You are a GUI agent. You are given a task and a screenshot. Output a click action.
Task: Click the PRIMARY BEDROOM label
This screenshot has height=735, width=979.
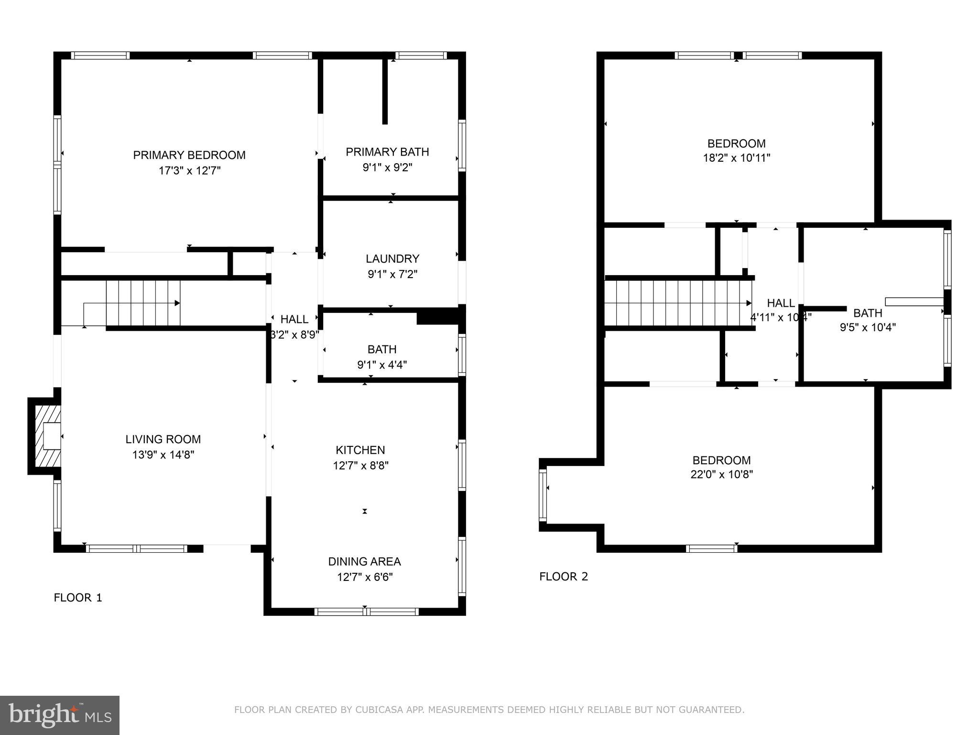click(189, 155)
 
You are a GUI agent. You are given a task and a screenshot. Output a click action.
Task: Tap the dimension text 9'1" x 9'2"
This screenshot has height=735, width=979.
click(387, 167)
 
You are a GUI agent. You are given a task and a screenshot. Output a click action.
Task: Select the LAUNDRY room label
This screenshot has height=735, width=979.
click(392, 259)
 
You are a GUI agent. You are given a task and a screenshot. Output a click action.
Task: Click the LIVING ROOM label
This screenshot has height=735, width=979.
click(163, 439)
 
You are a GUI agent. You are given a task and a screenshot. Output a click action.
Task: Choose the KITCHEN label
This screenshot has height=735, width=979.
click(360, 450)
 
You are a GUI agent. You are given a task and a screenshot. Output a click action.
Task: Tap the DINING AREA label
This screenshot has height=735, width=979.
click(364, 561)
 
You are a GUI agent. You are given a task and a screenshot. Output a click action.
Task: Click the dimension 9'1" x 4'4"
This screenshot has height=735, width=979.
click(382, 365)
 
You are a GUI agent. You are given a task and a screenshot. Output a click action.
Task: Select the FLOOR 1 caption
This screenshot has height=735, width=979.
click(78, 598)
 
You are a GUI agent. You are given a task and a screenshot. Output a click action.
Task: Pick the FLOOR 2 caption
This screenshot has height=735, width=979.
click(564, 577)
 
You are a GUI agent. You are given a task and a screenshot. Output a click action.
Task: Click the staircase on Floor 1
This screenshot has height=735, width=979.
click(143, 303)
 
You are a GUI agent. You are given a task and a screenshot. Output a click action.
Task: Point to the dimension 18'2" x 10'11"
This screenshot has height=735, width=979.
click(736, 158)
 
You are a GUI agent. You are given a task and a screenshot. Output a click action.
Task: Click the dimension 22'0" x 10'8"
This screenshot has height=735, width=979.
click(721, 474)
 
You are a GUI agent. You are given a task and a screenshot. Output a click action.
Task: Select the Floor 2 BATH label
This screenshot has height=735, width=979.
click(868, 313)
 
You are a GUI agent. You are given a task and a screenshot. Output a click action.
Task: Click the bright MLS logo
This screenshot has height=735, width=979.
click(59, 715)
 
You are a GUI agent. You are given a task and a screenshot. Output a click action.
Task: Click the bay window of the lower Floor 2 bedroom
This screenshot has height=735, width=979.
click(543, 495)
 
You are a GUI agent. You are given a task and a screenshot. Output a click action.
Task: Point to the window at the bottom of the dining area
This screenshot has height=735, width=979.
click(366, 612)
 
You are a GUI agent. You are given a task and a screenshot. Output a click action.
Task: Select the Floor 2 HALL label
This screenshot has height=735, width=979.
click(781, 303)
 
